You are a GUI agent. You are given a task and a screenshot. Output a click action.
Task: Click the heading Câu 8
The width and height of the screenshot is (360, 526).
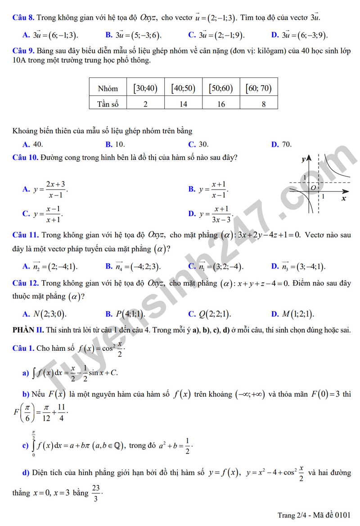pyautogui.click(x=23, y=18)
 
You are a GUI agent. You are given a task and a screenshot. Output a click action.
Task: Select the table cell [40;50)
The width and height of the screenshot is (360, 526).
pyautogui.click(x=183, y=88)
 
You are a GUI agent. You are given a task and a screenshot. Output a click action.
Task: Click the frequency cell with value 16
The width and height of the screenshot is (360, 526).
pyautogui.click(x=220, y=104)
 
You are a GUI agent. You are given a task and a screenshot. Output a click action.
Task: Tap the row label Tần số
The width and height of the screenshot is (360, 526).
pyautogui.click(x=108, y=104)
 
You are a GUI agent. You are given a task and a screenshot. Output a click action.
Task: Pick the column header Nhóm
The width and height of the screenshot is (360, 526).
pyautogui.click(x=108, y=88)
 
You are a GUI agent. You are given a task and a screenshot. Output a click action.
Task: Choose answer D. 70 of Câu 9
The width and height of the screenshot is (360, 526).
pyautogui.click(x=282, y=145)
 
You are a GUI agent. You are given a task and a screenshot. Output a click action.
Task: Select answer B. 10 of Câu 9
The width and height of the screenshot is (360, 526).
pyautogui.click(x=116, y=145)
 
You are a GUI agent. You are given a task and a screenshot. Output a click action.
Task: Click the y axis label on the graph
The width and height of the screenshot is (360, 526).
pyautogui.click(x=304, y=159)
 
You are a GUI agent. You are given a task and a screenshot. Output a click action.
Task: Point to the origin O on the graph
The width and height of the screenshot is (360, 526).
pyautogui.click(x=314, y=187)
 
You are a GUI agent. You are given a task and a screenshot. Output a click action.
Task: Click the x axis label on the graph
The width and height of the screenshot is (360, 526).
pyautogui.click(x=344, y=198)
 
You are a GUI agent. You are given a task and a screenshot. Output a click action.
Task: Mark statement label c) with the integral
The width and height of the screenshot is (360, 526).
pyautogui.click(x=25, y=446)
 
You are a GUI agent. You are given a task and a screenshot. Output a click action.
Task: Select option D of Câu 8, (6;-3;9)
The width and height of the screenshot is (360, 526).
pyautogui.click(x=300, y=35)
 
